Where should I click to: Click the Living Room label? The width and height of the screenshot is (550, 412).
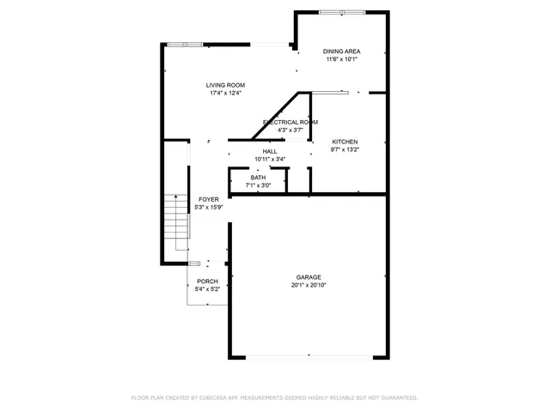(x=226, y=85)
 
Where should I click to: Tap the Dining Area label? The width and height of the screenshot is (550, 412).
(x=342, y=51)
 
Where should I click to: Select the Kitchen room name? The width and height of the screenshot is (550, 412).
(x=345, y=142)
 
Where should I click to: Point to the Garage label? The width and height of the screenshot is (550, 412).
(x=309, y=277)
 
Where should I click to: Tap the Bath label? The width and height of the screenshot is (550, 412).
(x=258, y=178)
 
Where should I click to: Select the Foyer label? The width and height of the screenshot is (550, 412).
(x=208, y=199)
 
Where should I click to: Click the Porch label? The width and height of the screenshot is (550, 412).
(x=207, y=282)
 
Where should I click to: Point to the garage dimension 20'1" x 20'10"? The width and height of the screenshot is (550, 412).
(x=309, y=286)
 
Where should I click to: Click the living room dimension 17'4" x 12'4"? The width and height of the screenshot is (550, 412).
(x=226, y=93)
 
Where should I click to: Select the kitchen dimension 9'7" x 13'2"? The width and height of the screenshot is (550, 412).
(x=345, y=149)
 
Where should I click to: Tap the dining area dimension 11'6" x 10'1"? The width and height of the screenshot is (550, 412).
(x=342, y=59)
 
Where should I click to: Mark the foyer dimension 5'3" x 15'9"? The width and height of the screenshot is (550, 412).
(x=208, y=207)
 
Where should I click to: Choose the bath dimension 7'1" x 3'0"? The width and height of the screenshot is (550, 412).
(x=258, y=185)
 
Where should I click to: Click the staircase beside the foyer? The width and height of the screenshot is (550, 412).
(x=175, y=221)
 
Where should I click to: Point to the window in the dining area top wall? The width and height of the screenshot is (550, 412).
(x=341, y=12)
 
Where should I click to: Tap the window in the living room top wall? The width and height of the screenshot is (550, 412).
(x=186, y=44)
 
